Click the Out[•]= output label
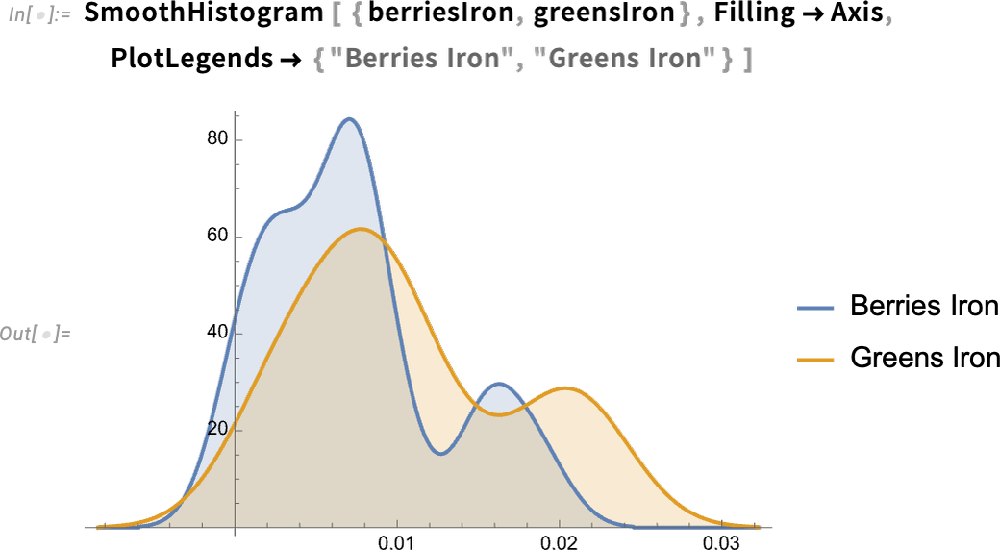click(36, 334)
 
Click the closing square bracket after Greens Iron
click(746, 60)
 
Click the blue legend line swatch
click(814, 309)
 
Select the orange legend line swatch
click(814, 360)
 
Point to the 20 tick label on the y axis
click(217, 429)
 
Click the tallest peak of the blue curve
click(349, 118)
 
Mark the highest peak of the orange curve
click(361, 229)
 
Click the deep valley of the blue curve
click(440, 453)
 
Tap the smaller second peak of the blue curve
click(497, 384)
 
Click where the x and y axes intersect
click(236, 527)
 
